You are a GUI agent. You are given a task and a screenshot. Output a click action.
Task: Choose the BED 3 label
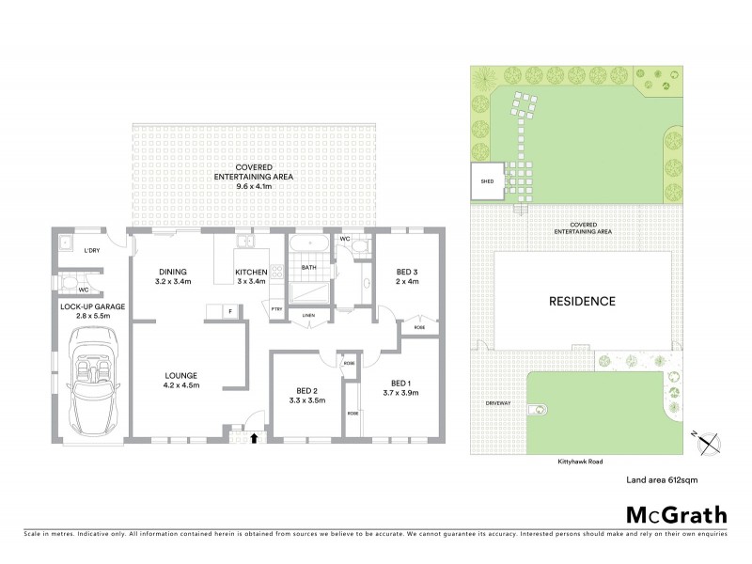coord(408,273)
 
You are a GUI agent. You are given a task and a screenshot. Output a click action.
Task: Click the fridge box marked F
coord(229,310)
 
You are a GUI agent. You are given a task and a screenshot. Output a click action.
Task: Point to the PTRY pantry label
coord(277,309)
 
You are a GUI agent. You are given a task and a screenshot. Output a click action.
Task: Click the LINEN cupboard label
coord(306,316)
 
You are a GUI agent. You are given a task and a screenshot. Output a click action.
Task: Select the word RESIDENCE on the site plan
coord(583,302)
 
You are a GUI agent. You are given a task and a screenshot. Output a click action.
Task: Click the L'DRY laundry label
coord(92,251)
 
